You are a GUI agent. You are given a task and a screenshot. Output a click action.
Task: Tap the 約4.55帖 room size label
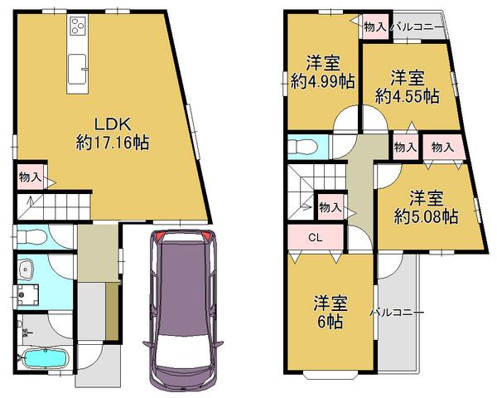pyautogui.click(x=407, y=96)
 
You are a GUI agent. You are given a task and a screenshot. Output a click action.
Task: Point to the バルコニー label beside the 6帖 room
pyautogui.click(x=397, y=313)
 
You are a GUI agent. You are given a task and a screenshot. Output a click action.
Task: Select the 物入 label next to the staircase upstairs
pyautogui.click(x=329, y=206)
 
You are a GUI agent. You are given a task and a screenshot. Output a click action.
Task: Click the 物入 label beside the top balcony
pyautogui.click(x=375, y=27)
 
